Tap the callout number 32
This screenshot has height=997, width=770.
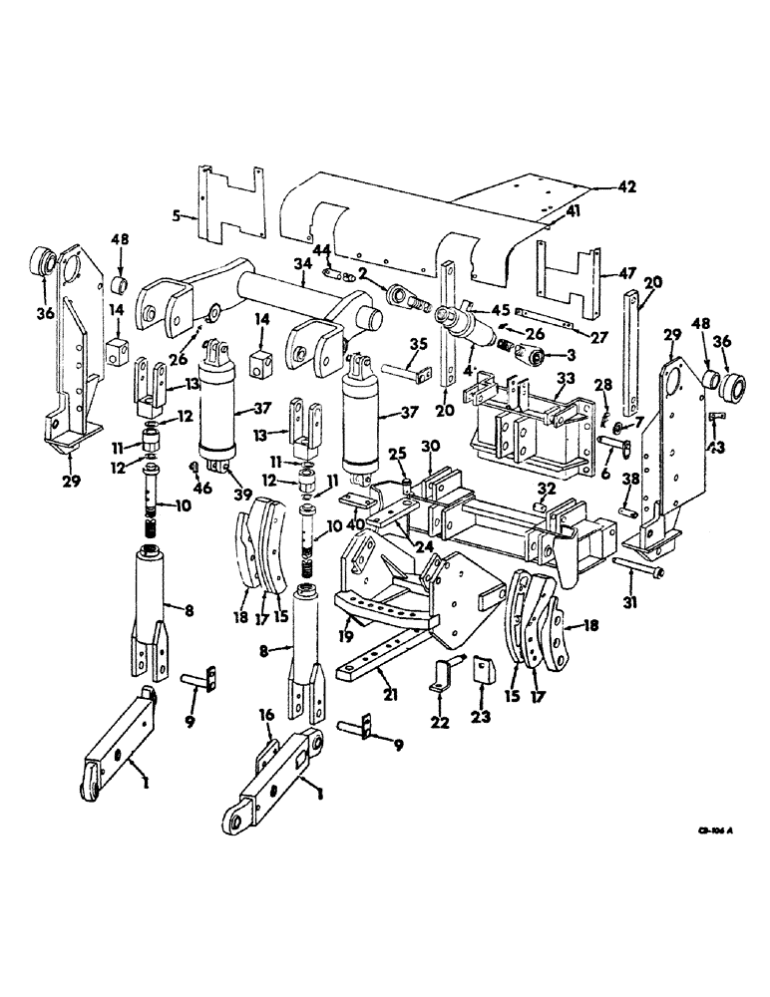(546, 489)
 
